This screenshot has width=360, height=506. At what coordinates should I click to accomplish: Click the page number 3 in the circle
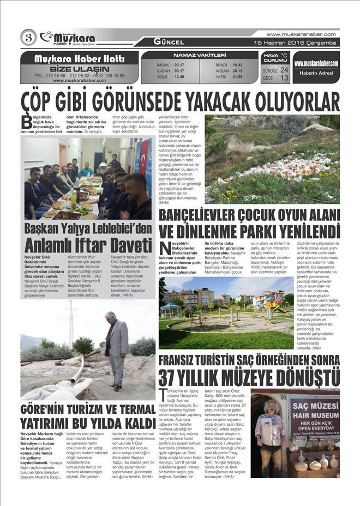tap(28, 38)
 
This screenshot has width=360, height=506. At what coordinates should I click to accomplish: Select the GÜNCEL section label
tap(169, 42)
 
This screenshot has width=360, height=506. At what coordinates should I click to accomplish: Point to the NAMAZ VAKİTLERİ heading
tap(200, 55)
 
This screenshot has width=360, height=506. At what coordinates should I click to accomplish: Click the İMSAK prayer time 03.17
tap(178, 64)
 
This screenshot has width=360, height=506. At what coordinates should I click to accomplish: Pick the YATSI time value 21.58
tap(237, 77)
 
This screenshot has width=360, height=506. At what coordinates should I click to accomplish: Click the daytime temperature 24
tap(284, 70)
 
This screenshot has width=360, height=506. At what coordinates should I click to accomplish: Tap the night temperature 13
tap(284, 78)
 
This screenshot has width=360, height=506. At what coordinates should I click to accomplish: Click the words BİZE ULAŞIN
tap(80, 69)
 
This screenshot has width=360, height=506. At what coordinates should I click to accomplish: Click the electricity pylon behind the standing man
tap(71, 322)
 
